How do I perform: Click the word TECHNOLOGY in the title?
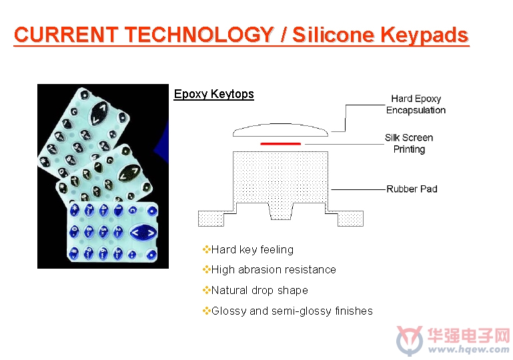pyautogui.click(x=199, y=34)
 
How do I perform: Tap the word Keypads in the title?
pyautogui.click(x=424, y=35)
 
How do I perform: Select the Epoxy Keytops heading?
pyautogui.click(x=213, y=94)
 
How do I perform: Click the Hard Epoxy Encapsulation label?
pyautogui.click(x=416, y=104)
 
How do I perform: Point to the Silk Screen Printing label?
pyautogui.click(x=409, y=143)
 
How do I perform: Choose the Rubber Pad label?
pyautogui.click(x=412, y=189)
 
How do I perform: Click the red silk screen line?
pyautogui.click(x=280, y=143)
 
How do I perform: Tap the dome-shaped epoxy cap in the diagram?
pyautogui.click(x=280, y=130)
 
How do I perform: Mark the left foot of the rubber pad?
pyautogui.click(x=211, y=219)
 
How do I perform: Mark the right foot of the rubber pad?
pyautogui.click(x=350, y=219)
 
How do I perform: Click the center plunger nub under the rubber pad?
pyautogui.click(x=281, y=211)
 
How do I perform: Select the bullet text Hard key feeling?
pyautogui.click(x=252, y=250)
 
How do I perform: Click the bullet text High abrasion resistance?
pyautogui.click(x=274, y=270)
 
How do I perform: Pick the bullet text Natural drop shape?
pyautogui.click(x=260, y=291)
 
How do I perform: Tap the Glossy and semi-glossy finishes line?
pyautogui.click(x=292, y=311)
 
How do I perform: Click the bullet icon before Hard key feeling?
pyautogui.click(x=206, y=250)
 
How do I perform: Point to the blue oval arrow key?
pyautogui.click(x=143, y=233)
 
